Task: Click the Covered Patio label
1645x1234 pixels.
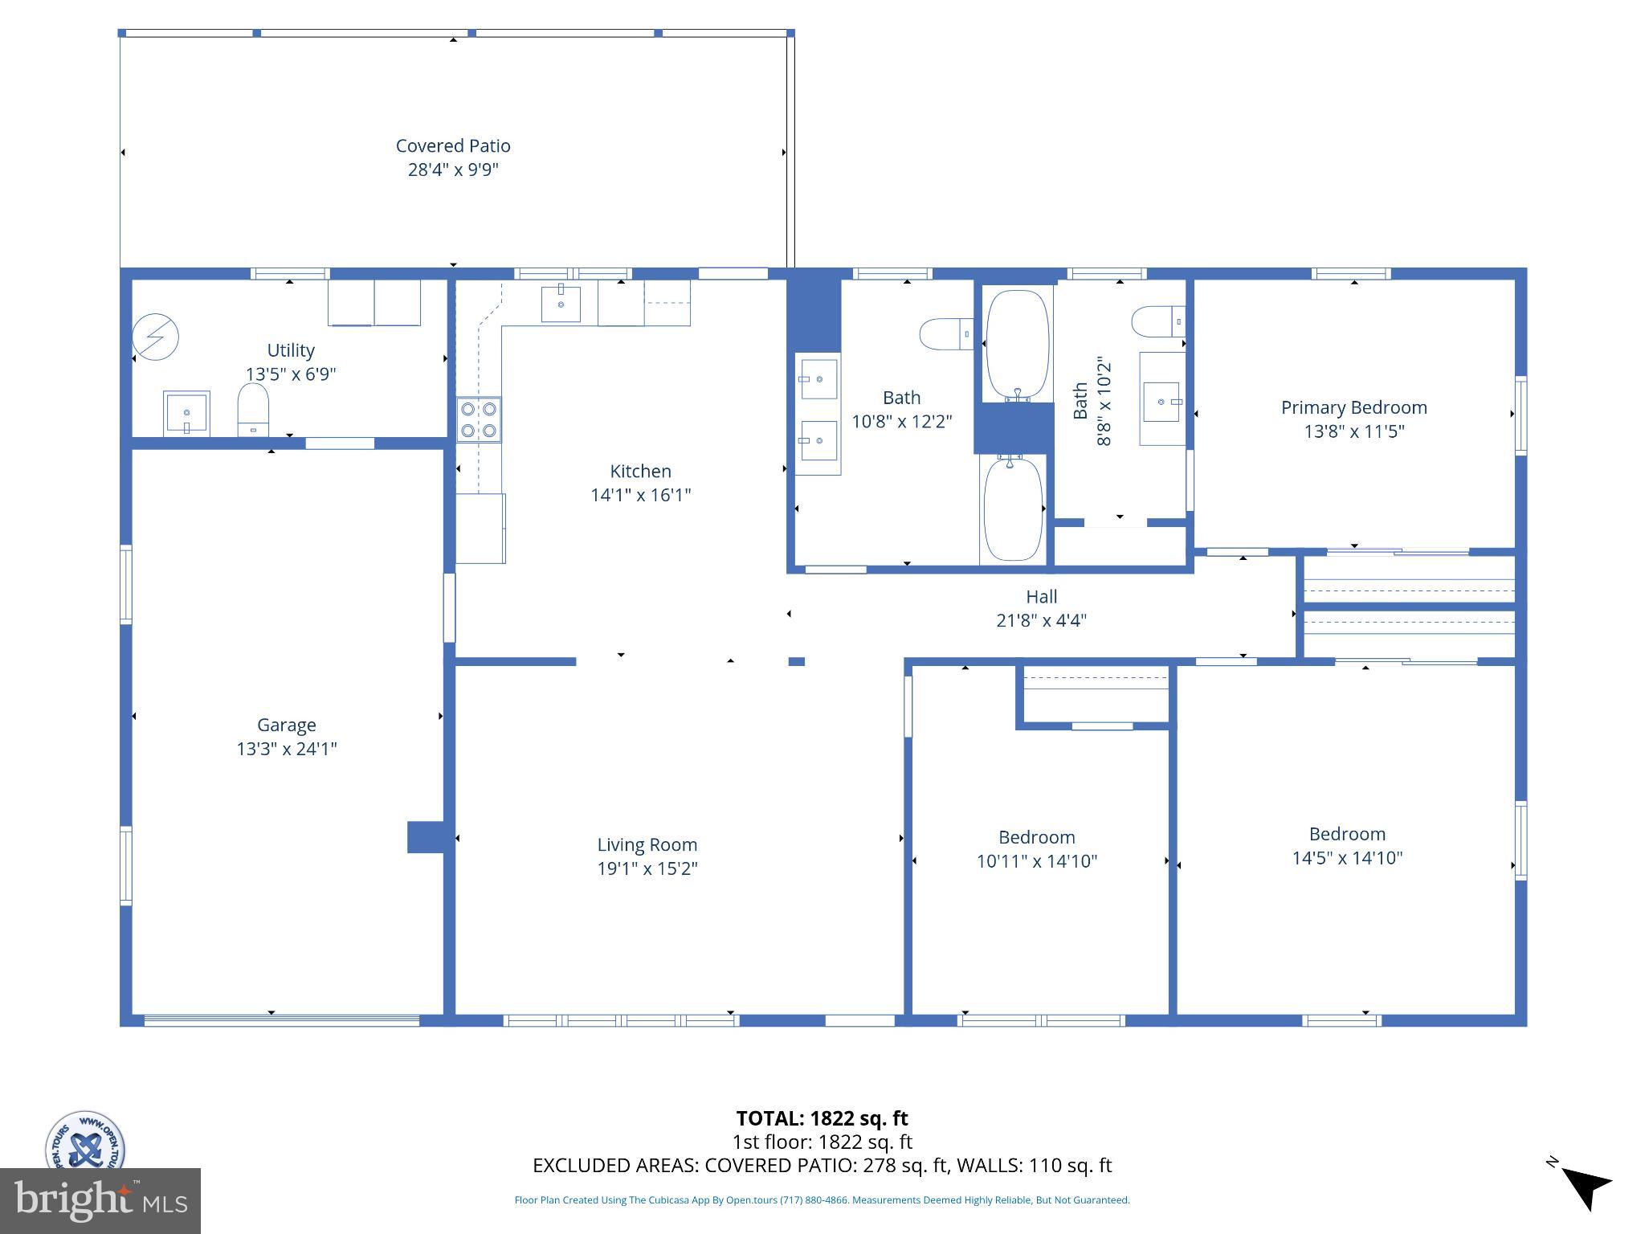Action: tap(453, 146)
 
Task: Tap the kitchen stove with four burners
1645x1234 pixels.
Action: tap(479, 419)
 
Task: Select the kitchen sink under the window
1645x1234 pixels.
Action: tap(561, 304)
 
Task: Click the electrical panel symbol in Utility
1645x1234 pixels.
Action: tap(155, 337)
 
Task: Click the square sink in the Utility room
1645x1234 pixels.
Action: tap(186, 413)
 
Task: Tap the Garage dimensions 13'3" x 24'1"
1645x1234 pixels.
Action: tap(286, 749)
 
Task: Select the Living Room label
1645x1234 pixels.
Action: tap(647, 844)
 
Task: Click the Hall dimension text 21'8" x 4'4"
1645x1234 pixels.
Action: tap(1041, 620)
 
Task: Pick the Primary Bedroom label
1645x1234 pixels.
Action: tap(1353, 407)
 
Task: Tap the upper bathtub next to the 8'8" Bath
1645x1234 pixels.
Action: tap(1017, 345)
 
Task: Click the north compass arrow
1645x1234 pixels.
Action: tap(1586, 1187)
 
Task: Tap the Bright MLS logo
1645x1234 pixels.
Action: tap(100, 1200)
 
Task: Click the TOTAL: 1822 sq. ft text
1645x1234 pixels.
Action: tap(822, 1118)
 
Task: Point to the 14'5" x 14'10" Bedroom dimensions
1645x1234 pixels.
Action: tap(1347, 858)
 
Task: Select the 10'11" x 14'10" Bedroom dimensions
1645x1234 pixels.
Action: tap(1036, 861)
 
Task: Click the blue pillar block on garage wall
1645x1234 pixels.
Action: tap(426, 836)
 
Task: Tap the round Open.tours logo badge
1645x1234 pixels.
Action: tap(84, 1141)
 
